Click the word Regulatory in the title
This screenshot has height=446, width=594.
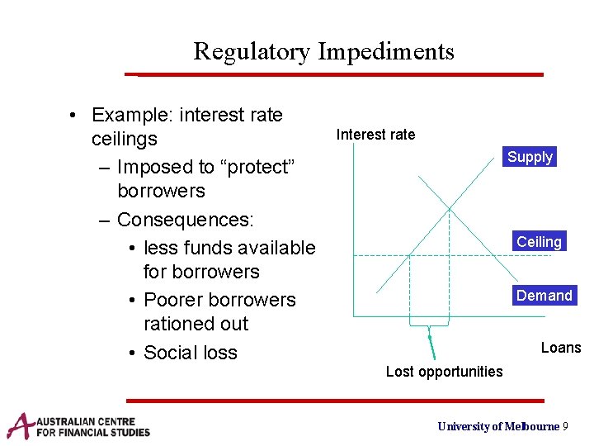tap(252, 52)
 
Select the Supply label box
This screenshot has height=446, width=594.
tap(530, 157)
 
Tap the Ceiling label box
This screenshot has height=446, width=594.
tap(539, 242)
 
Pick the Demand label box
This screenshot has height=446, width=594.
tap(544, 296)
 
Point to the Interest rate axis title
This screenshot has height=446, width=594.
tap(375, 135)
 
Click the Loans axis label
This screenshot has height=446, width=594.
tap(560, 348)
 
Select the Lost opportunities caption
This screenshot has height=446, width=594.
tap(444, 372)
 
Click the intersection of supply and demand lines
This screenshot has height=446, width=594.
tap(449, 206)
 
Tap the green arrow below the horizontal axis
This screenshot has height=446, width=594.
tap(430, 343)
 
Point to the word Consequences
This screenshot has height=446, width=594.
tap(186, 220)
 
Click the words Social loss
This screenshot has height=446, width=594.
tap(190, 353)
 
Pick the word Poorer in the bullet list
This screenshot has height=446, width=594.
tap(173, 300)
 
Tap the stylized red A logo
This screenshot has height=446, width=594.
tap(19, 425)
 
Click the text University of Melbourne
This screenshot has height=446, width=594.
tap(497, 426)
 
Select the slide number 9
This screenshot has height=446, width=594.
tap(565, 426)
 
